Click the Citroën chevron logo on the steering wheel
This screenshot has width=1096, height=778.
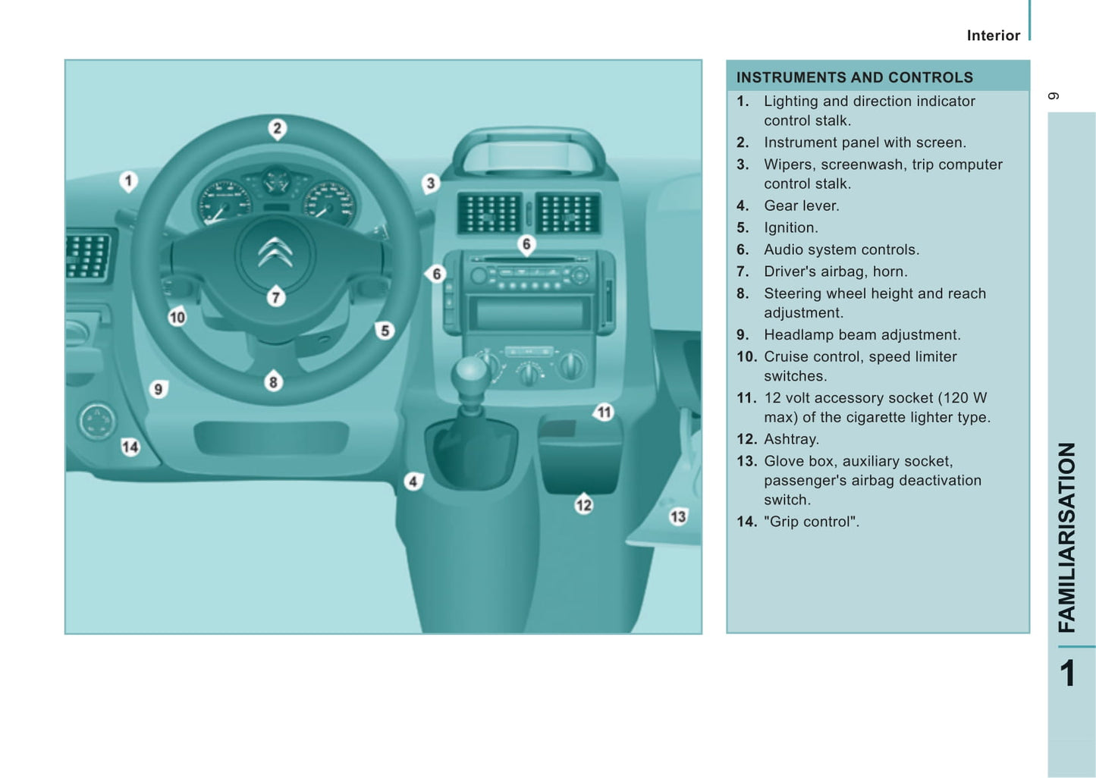(275, 253)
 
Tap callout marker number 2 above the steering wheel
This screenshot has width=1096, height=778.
(278, 129)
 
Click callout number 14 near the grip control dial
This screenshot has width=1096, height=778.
(130, 447)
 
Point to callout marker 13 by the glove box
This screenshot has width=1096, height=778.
(678, 516)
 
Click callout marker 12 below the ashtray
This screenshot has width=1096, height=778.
(584, 504)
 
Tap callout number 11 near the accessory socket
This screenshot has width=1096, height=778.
(604, 413)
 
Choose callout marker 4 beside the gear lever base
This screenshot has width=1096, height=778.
(414, 482)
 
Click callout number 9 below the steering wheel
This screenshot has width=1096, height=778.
(159, 390)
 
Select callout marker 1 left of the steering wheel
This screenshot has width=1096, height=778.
(128, 181)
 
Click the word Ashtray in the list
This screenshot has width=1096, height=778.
(791, 439)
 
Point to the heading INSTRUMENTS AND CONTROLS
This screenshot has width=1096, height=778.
(854, 77)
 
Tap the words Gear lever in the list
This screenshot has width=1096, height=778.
(802, 206)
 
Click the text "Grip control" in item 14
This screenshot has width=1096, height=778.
(812, 522)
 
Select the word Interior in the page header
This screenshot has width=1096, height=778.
(994, 36)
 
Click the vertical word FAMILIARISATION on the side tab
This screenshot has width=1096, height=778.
(1067, 538)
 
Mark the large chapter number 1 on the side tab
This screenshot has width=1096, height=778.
(1067, 673)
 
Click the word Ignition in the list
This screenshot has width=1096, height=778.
(790, 228)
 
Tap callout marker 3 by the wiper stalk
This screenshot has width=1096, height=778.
(430, 184)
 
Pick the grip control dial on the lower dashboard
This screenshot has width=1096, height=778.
(97, 422)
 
